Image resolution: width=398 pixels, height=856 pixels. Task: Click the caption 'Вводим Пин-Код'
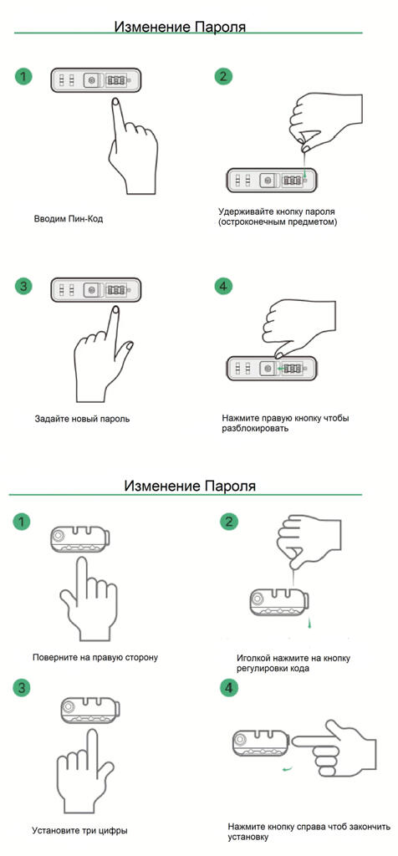click(69, 219)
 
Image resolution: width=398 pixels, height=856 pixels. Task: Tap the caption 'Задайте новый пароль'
click(82, 420)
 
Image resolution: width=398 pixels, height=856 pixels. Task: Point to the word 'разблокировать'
click(255, 429)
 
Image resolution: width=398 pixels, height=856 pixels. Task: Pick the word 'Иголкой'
click(254, 659)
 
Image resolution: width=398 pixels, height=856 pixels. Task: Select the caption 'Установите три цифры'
click(79, 831)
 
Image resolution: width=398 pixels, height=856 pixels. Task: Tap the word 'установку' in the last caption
click(248, 836)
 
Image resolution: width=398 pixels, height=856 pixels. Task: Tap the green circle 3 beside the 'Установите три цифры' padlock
click(21, 687)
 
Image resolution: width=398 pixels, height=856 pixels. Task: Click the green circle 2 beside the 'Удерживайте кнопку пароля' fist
click(222, 75)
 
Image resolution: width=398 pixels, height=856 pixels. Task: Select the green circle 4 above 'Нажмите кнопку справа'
click(229, 689)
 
